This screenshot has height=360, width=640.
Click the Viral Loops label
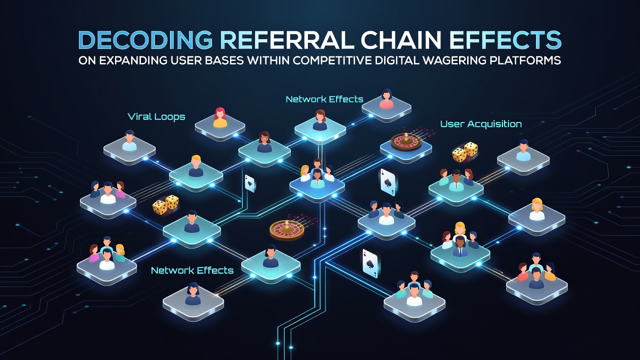click(156, 117)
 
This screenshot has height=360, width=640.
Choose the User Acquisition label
click(481, 124)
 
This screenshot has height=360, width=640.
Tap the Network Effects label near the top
click(324, 99)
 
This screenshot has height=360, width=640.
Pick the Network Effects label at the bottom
click(192, 270)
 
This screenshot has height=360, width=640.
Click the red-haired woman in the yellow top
click(220, 117)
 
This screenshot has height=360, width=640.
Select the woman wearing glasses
click(264, 142)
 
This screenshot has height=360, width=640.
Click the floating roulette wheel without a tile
click(286, 229)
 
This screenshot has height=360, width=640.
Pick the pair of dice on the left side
click(165, 204)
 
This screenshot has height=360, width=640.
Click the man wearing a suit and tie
click(460, 246)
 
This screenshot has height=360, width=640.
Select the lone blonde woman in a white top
click(537, 209)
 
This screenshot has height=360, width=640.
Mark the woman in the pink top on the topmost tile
click(386, 99)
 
